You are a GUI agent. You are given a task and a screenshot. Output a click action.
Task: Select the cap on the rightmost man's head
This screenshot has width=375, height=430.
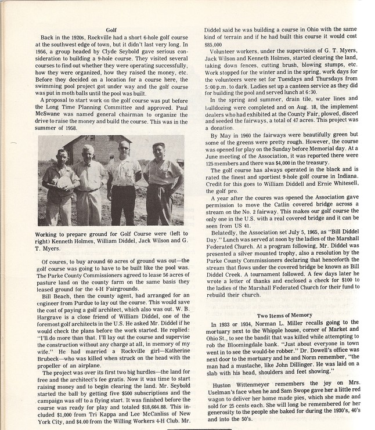158,145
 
